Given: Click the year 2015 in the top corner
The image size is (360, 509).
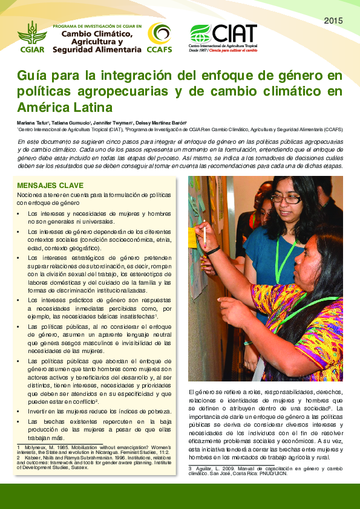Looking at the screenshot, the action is pyautogui.click(x=333, y=21).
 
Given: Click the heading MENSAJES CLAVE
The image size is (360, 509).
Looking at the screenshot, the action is pyautogui.click(x=50, y=185).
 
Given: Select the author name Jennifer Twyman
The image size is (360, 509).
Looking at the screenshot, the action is pyautogui.click(x=126, y=123).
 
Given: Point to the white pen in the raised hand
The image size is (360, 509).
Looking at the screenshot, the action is pyautogui.click(x=205, y=233).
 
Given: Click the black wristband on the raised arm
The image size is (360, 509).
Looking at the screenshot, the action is pyautogui.click(x=213, y=251).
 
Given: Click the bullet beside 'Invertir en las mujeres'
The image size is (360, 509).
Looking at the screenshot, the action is pyautogui.click(x=19, y=412).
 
